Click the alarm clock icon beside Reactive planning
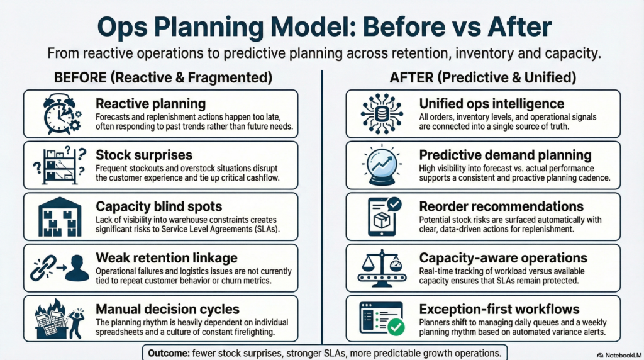point(62,114)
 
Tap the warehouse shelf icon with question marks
point(60,165)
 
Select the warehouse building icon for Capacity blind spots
point(60,217)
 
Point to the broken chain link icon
point(43,268)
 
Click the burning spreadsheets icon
point(60,319)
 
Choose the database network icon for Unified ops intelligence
point(382,114)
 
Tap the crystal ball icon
point(382,164)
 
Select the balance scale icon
point(382,268)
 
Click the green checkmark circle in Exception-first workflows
point(396,327)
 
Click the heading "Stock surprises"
point(144,155)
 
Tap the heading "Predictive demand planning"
point(505,155)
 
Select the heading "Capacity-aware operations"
point(503,257)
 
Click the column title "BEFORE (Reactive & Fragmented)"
point(163,77)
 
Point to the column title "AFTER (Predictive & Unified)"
point(482,77)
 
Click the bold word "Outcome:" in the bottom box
point(169,353)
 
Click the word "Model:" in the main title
point(313,26)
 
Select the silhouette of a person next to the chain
point(77,268)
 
